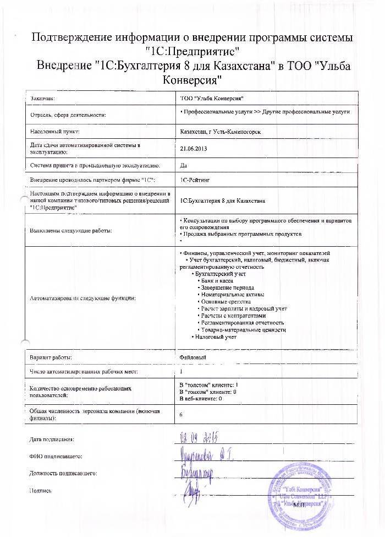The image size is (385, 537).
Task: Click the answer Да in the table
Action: tap(183, 164)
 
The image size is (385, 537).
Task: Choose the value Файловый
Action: tap(194, 358)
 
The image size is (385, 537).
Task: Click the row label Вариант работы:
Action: tap(51, 358)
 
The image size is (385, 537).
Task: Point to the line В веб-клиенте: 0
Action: tap(201, 398)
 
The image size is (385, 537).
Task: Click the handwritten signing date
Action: tap(201, 438)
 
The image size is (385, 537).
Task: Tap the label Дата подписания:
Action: tap(51, 439)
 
